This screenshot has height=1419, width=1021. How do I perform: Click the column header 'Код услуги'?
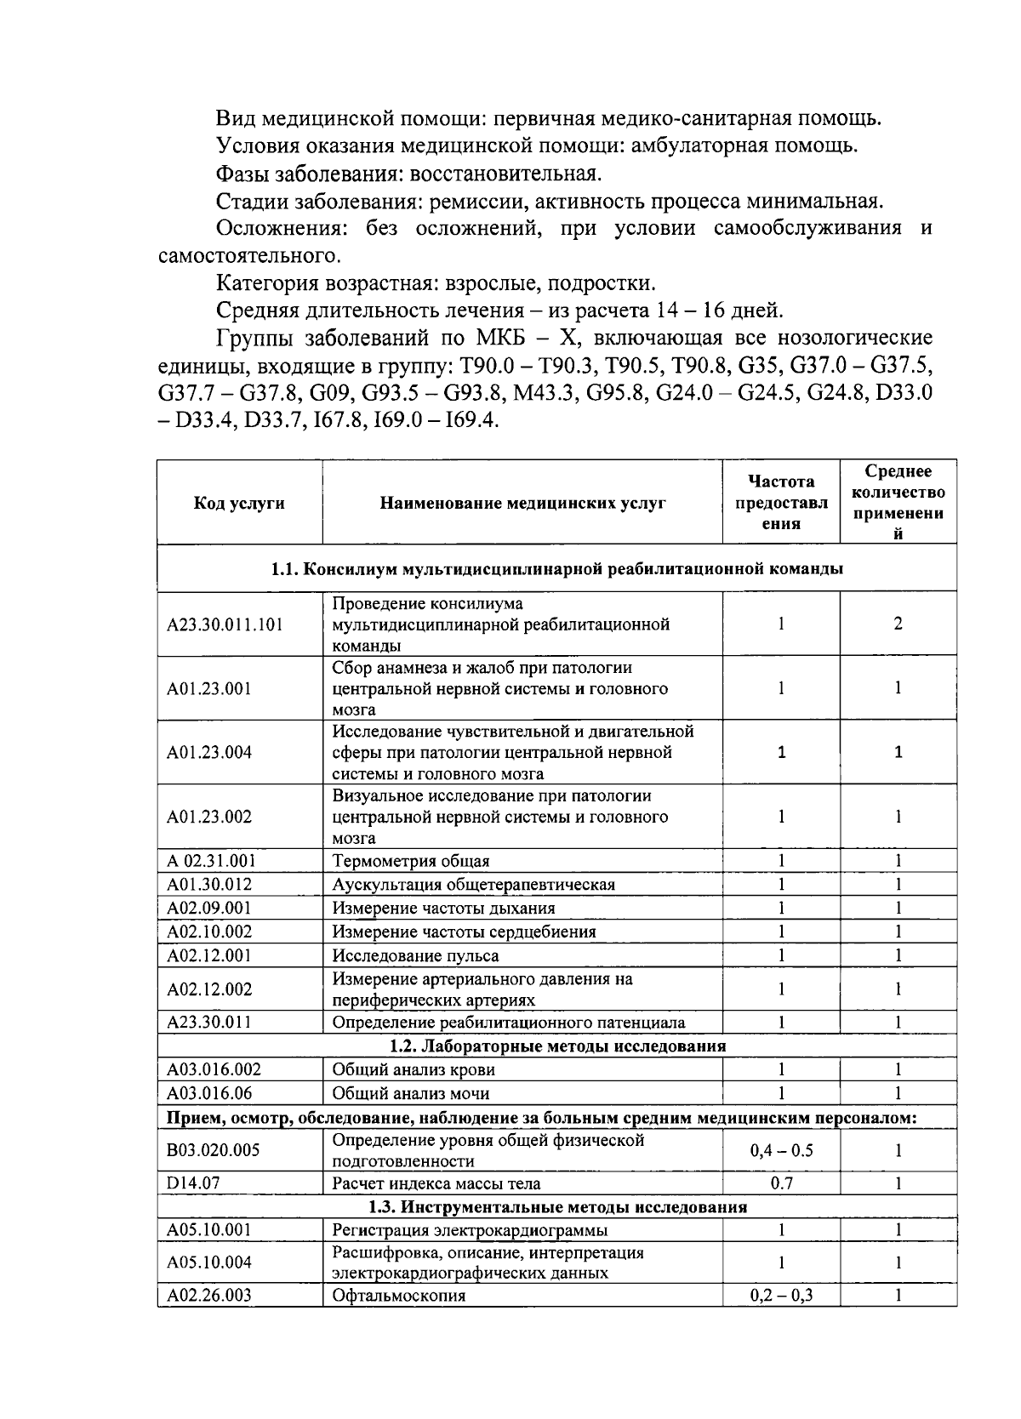coord(239,503)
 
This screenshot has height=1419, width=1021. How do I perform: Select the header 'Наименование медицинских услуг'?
coord(522,503)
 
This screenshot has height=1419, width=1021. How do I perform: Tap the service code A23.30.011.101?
coord(225,624)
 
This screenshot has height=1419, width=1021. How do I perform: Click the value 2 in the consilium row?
coord(898,624)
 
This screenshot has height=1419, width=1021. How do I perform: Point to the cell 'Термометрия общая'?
coord(411,861)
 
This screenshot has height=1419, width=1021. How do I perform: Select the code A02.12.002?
coord(209,989)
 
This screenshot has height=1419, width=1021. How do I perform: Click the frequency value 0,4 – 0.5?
coord(781,1150)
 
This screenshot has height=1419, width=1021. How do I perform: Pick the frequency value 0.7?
coord(781,1182)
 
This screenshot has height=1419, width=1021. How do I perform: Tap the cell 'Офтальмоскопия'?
coord(399,1296)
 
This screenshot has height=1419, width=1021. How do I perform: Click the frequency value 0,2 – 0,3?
coord(781,1296)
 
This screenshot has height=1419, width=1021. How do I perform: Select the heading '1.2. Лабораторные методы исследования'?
coord(557,1046)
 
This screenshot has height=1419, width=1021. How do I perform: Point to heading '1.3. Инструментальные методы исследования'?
coord(557,1206)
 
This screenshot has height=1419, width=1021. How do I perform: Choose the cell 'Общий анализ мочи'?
coord(411,1093)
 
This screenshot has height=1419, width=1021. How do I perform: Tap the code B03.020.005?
coord(213,1150)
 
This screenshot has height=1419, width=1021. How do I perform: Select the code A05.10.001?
coord(209,1229)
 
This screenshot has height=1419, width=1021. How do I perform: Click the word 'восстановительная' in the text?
coord(505,174)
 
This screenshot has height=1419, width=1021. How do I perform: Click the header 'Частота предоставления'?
coord(781,503)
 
